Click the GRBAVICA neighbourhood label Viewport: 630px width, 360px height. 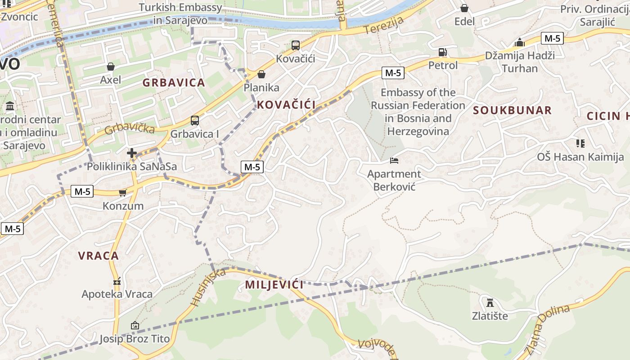coord(174,83)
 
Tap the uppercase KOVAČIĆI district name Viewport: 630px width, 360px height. coord(286,105)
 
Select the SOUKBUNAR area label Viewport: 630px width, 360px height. coord(512,110)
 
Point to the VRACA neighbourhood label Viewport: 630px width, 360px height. coord(99,256)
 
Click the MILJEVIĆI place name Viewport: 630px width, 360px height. coord(274,284)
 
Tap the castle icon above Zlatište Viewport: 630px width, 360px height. coord(490,302)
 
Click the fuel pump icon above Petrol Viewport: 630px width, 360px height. coord(443,52)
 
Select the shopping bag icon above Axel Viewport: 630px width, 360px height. coord(111,67)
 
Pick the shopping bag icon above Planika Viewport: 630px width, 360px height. coord(261,74)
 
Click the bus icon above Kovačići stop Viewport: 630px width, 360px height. coord(295,45)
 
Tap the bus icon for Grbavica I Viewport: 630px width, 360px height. coord(195,121)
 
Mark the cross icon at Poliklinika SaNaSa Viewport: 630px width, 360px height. coord(132,153)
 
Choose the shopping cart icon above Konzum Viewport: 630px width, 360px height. coord(122,193)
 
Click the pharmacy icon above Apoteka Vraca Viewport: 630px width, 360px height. coord(117,282)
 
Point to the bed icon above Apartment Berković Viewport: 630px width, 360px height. coord(394,161)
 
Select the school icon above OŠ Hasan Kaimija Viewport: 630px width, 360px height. coord(580,144)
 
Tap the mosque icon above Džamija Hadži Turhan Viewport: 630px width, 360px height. coord(520,42)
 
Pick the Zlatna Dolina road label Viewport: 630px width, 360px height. coord(547,328)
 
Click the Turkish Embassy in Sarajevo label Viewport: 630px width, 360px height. coord(180,13)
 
